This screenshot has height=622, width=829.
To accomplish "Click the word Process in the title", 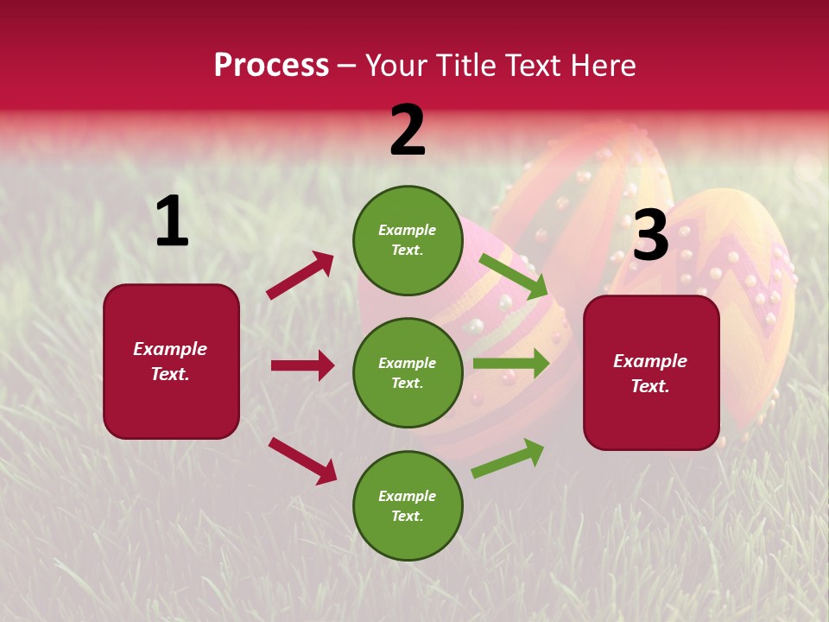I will [271, 66].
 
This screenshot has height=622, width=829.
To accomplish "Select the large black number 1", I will [172, 222].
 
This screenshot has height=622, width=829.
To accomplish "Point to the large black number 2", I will [408, 131].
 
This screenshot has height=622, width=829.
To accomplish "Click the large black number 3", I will [650, 236].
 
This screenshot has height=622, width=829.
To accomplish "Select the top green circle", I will [408, 240].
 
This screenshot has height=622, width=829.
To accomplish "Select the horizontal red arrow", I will [302, 365].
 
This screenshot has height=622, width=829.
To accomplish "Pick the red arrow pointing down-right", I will [302, 460].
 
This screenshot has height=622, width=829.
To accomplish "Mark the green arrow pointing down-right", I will [513, 276].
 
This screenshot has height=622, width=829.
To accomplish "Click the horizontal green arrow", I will [510, 363].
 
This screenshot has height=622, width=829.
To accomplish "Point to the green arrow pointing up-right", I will [508, 458].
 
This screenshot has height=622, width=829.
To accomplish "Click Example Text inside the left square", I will [170, 361].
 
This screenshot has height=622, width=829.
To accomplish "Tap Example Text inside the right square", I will [650, 373].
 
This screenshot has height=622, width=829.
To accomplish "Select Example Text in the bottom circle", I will [407, 506].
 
